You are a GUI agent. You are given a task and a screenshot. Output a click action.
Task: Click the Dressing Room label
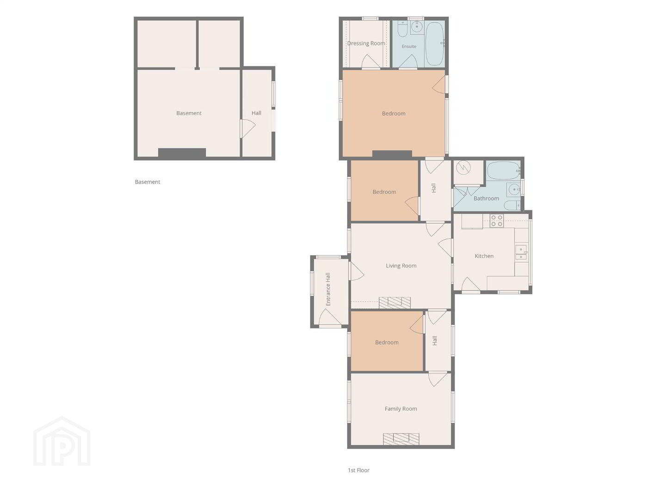[366, 43]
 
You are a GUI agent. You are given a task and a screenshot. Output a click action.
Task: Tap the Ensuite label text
[409, 46]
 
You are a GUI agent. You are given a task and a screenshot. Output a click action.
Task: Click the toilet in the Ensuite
[403, 29]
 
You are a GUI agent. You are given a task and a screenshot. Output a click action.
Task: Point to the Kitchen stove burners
[496, 220]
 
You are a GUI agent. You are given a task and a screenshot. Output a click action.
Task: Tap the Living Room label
[401, 266]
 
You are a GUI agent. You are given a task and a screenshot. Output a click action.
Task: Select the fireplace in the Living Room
[395, 303]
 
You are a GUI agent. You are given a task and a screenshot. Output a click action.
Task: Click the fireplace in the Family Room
[401, 439]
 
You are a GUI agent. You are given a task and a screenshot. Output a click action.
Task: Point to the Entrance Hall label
[328, 289]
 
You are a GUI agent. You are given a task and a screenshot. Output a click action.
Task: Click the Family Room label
[401, 409]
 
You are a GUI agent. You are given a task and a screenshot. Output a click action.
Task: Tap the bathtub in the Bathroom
[503, 170]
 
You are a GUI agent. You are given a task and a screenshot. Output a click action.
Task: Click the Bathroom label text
[486, 199]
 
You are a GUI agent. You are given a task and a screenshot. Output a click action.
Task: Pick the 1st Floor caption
[358, 470]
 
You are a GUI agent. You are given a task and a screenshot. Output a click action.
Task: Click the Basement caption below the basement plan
[148, 182]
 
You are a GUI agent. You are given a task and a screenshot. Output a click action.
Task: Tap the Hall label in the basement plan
[256, 113]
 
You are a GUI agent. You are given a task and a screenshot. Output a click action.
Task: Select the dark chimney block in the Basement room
[182, 152]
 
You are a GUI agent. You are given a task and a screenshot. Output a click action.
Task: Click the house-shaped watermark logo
[62, 441]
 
